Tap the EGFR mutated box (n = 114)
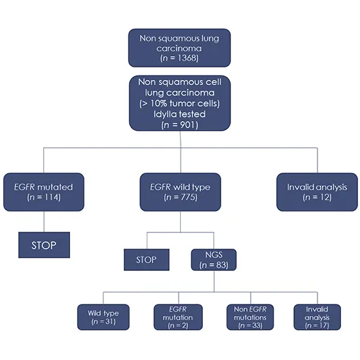pos(43,191)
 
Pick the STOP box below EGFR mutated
pos(44,245)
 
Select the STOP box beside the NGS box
pos(146,259)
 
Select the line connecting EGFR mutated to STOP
pos(43,221)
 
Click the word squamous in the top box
pos(179,37)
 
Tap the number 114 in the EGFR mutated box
pos(50,198)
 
